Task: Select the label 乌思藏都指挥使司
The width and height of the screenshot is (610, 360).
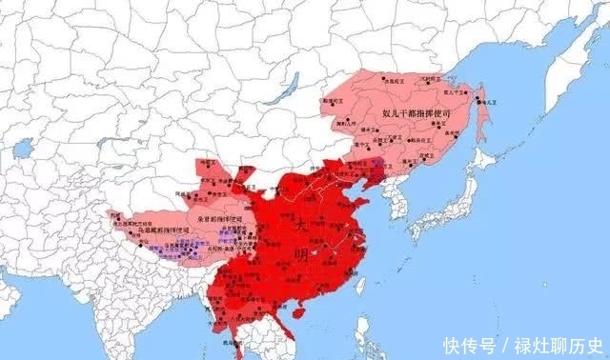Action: click(x=163, y=230)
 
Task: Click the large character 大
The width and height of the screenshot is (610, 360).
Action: click(x=300, y=225)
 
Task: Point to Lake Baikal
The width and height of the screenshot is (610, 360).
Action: click(x=276, y=90)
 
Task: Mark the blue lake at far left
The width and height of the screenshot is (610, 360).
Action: click(x=24, y=149)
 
